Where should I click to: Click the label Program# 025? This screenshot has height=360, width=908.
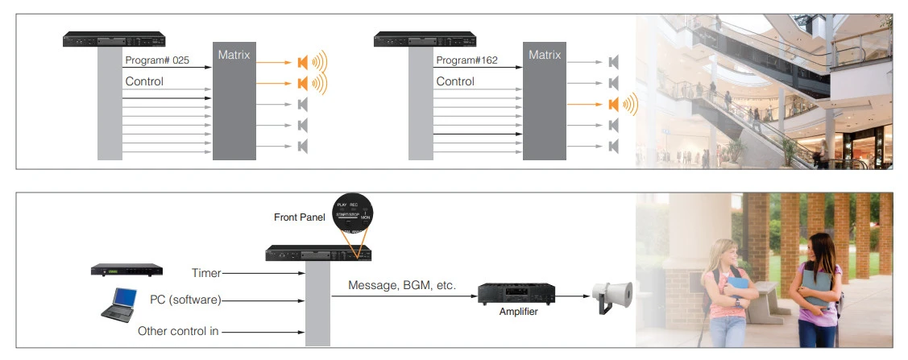click(x=157, y=60)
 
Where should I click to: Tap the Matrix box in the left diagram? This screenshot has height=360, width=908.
click(x=234, y=101)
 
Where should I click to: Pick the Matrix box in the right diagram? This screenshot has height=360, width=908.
click(x=545, y=101)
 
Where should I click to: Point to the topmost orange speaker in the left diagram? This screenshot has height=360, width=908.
click(x=303, y=62)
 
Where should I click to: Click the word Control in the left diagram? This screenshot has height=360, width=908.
click(x=144, y=81)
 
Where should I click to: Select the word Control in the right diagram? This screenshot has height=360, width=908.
click(x=455, y=81)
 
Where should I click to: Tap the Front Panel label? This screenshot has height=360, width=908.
click(x=298, y=217)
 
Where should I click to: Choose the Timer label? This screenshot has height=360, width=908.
click(x=206, y=274)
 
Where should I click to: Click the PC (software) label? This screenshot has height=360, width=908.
click(x=185, y=300)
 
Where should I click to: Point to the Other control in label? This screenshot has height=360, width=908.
click(x=178, y=330)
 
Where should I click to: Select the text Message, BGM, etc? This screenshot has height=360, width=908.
click(x=402, y=285)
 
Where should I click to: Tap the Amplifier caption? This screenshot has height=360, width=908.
click(x=518, y=312)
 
